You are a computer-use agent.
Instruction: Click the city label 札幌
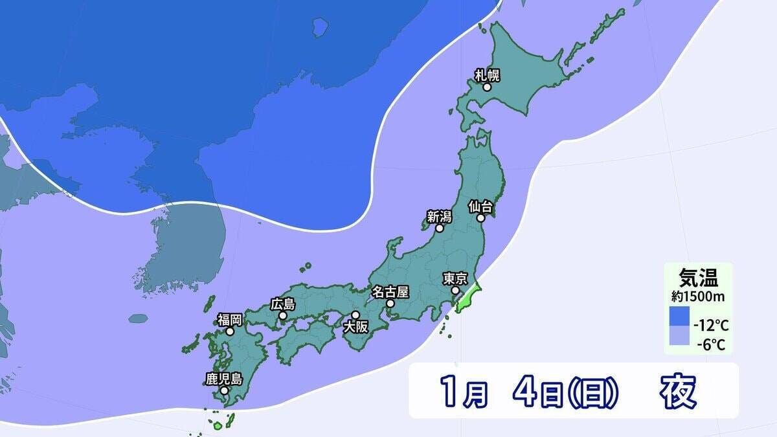(488, 74)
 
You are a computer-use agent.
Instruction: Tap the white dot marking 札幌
(487, 87)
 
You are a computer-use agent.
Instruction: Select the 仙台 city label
(481, 207)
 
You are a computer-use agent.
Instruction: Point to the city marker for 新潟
(440, 228)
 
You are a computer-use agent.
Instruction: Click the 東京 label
(455, 278)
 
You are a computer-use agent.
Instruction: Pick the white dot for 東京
(455, 291)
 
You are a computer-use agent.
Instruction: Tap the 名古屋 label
(390, 291)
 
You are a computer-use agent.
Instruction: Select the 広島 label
(283, 304)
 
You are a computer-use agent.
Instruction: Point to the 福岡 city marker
(230, 331)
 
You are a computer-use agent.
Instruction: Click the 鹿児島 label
(223, 379)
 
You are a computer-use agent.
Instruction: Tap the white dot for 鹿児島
(224, 390)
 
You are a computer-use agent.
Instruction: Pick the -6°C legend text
(711, 344)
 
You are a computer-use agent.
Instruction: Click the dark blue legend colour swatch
(679, 317)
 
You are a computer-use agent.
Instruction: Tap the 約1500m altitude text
(697, 297)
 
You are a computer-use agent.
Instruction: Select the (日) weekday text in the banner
(594, 392)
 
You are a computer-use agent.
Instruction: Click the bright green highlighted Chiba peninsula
(466, 298)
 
